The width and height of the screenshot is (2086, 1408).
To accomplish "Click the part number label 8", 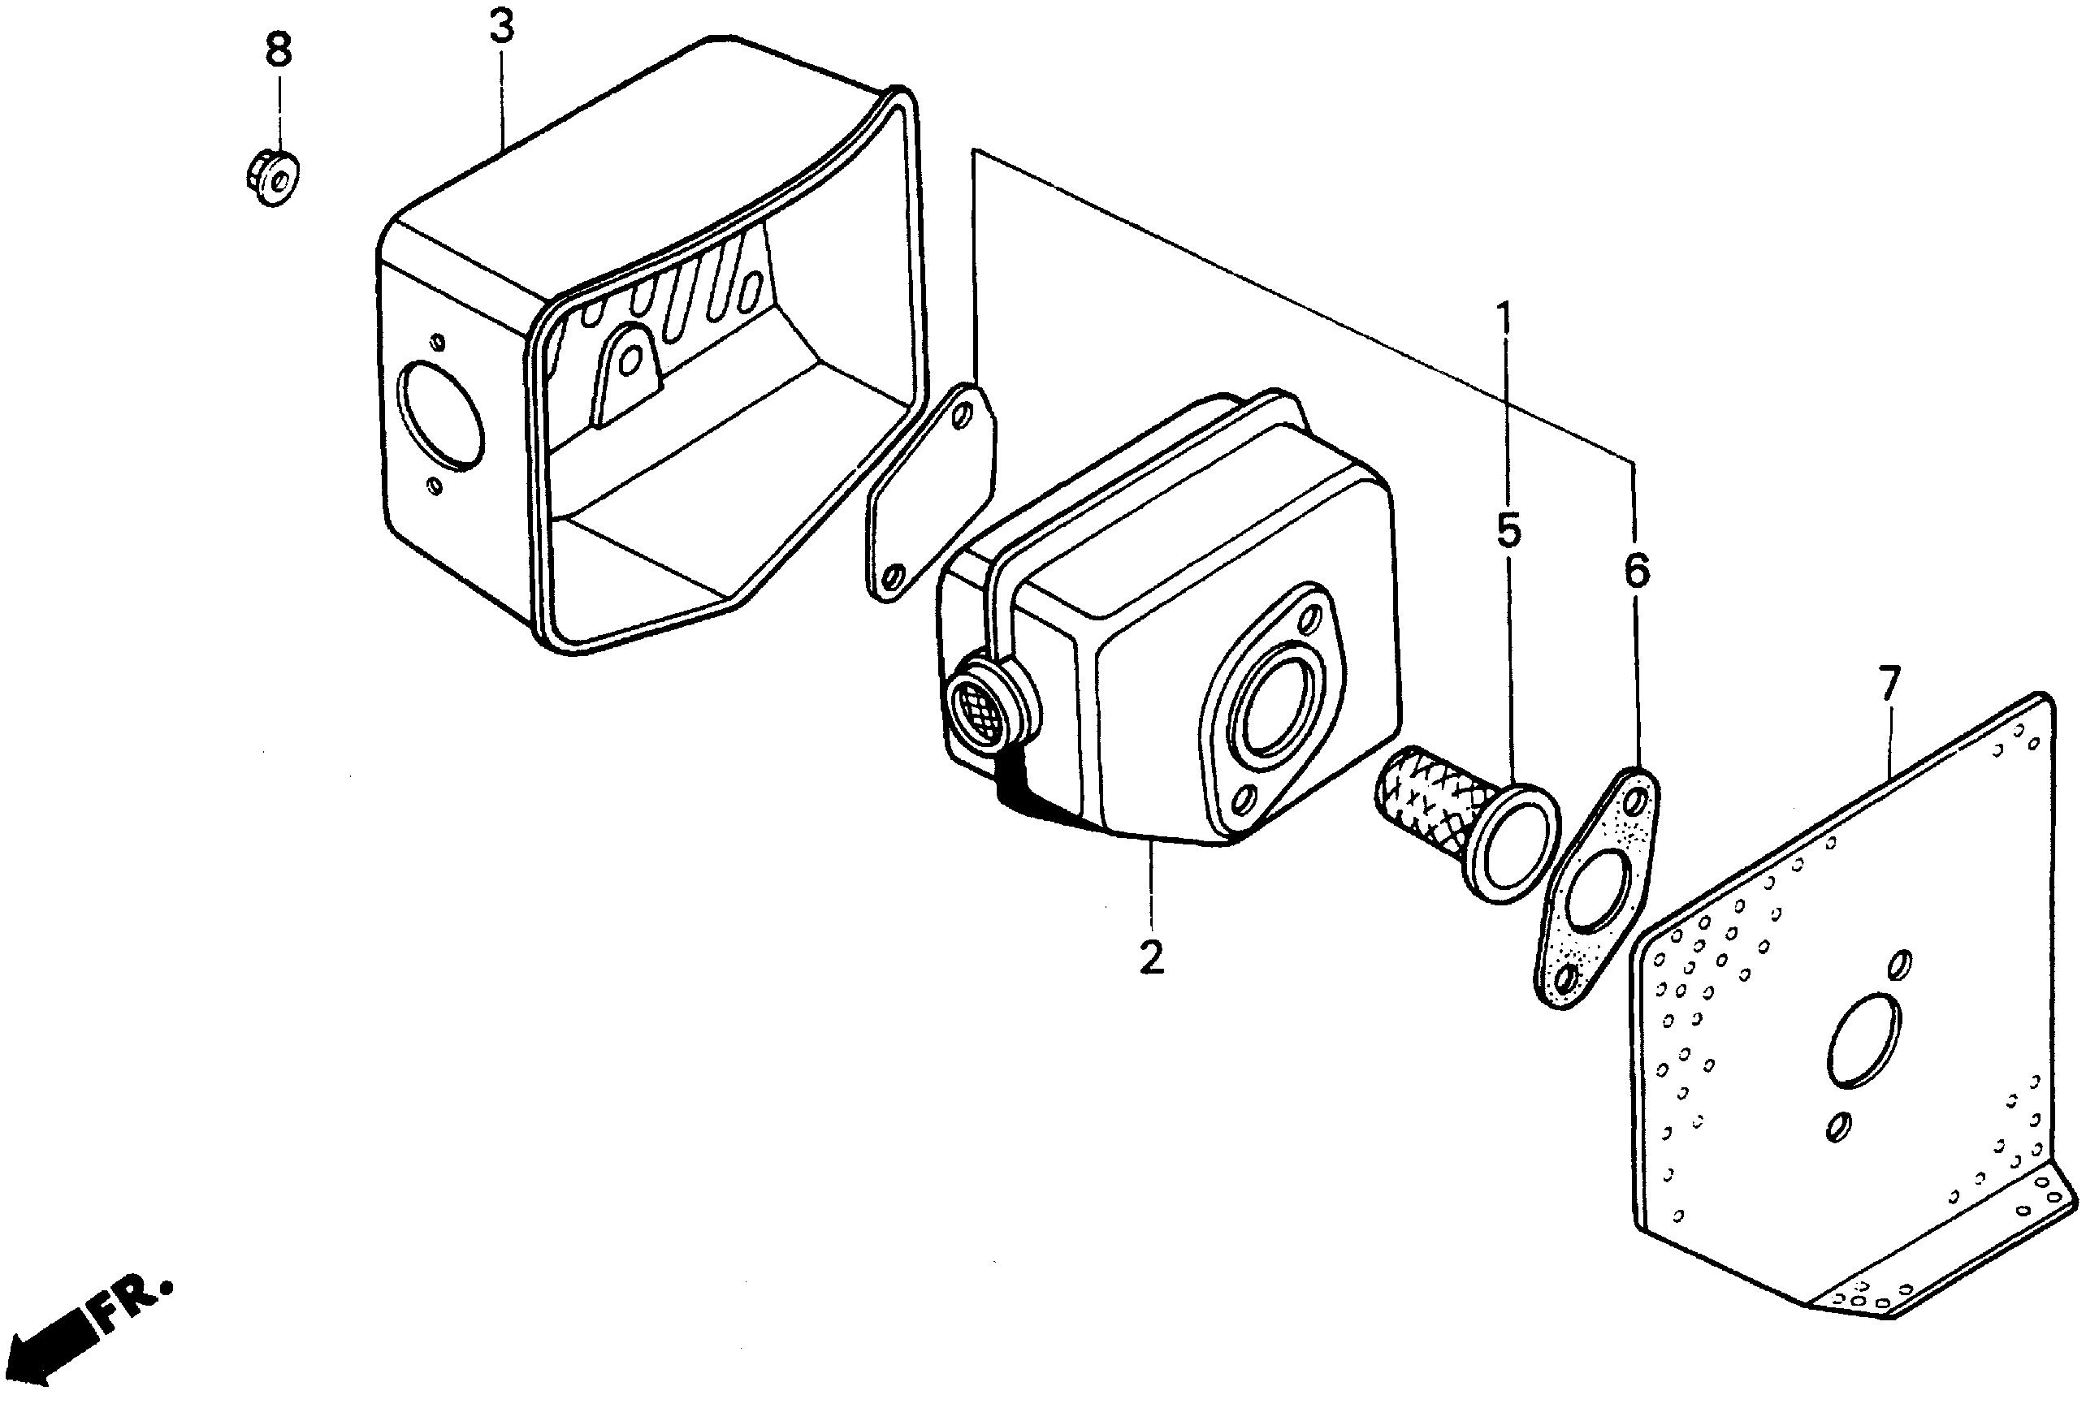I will (279, 50).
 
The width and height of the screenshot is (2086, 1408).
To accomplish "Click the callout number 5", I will (1508, 530).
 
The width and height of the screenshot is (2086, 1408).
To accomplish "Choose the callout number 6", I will (1635, 571).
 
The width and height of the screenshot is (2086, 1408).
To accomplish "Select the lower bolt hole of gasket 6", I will (1565, 979).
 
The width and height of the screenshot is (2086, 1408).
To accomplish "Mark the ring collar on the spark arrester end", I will (1510, 844).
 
